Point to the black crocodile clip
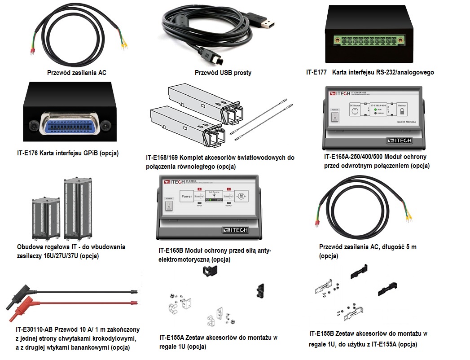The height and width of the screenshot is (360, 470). [18, 297]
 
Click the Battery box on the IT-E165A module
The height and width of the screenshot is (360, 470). [401, 110]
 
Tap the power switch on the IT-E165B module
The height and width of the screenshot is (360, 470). [168, 205]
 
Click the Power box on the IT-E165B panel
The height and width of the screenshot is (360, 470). [187, 196]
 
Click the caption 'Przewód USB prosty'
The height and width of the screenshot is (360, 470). [223, 73]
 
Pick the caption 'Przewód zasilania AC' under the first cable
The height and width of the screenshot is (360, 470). [77, 72]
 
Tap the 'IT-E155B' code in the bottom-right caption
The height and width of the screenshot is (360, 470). [323, 334]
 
